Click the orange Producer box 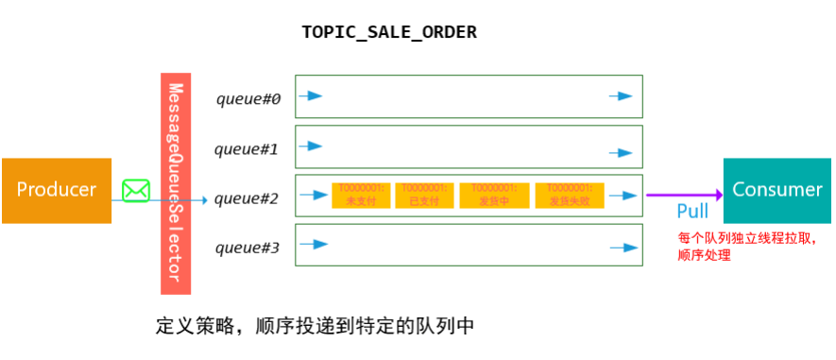click(56, 190)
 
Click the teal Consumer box click(776, 190)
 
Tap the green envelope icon click(136, 191)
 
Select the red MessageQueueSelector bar click(176, 181)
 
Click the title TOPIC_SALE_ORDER click(389, 32)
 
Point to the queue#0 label click(248, 98)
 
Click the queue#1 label click(247, 148)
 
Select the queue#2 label click(247, 198)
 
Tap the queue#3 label click(247, 249)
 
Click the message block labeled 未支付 click(360, 195)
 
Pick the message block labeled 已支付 click(424, 195)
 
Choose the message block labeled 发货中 click(494, 195)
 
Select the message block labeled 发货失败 click(570, 195)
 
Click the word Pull click(692, 211)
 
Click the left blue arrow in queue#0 click(313, 96)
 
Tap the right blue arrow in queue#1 click(621, 152)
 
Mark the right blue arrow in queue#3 click(621, 248)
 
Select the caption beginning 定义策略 click(315, 327)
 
